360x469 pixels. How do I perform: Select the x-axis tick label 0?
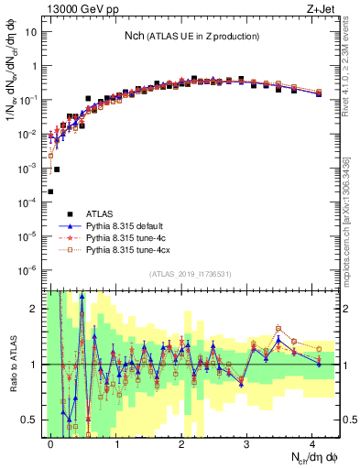(51, 442)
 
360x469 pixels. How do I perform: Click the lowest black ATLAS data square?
(50, 191)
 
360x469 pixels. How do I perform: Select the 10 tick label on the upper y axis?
(30, 31)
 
